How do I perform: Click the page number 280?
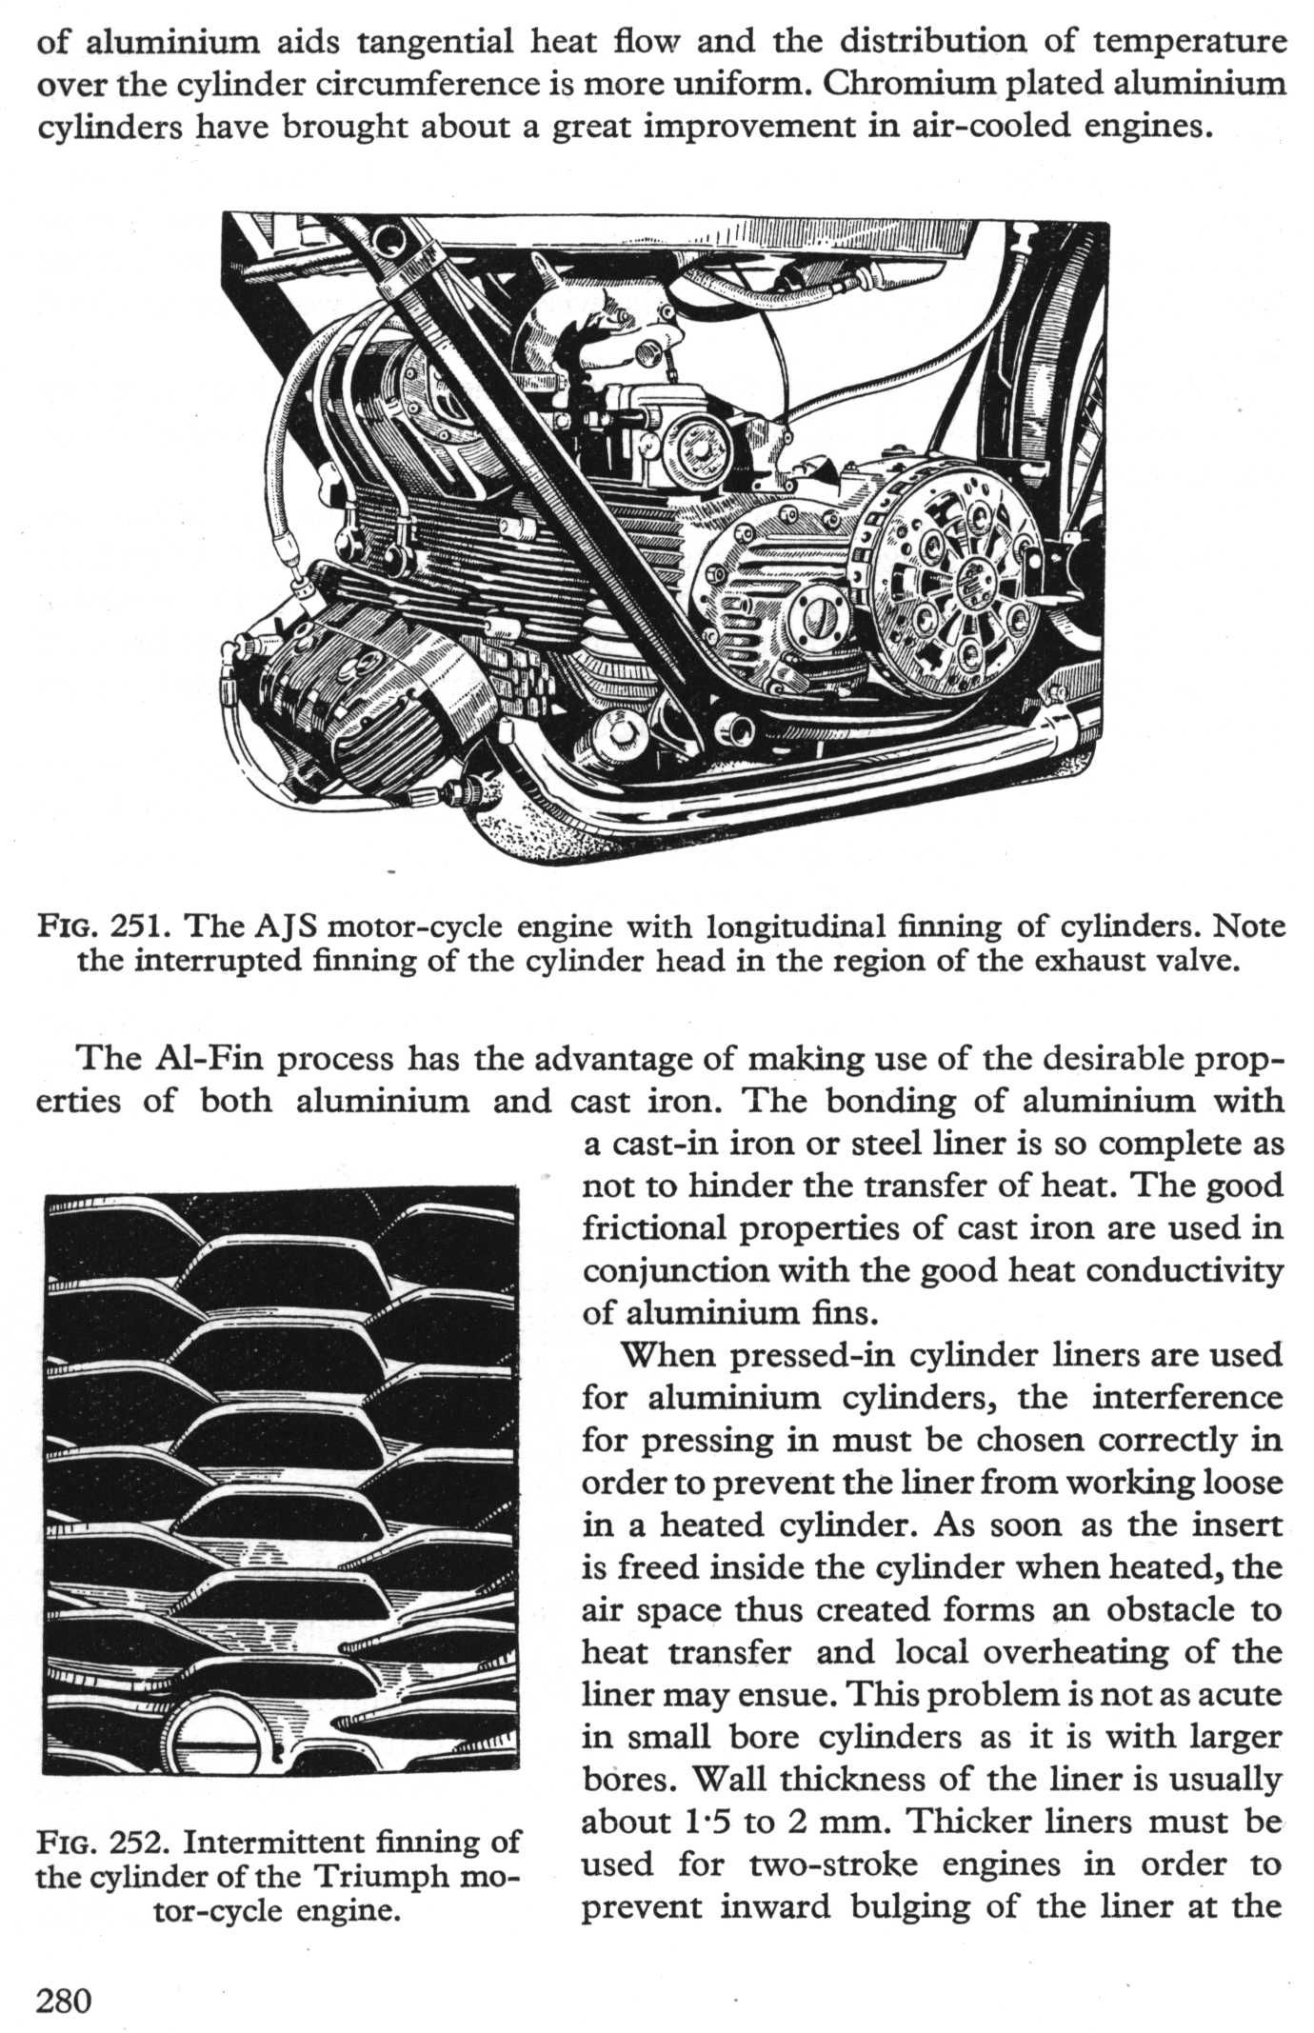64,2001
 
